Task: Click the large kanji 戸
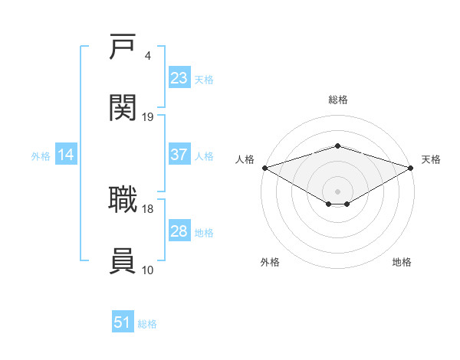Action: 123,46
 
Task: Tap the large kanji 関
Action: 123,107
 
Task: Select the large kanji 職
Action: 123,199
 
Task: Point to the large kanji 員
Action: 123,260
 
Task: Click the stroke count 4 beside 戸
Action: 147,56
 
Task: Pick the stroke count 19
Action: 147,117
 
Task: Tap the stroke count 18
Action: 147,209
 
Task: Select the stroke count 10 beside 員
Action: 147,270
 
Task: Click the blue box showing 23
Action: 179,77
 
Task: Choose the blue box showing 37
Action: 179,154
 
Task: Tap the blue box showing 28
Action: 179,230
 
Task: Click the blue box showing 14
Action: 66,154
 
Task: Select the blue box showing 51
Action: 123,321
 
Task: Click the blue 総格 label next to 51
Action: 147,324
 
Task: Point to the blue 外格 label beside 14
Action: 41,156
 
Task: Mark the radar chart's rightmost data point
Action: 411,168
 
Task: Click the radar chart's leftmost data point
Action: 265,168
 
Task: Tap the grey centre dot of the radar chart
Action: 337,191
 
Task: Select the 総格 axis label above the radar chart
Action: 338,100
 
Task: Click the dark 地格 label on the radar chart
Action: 402,262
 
